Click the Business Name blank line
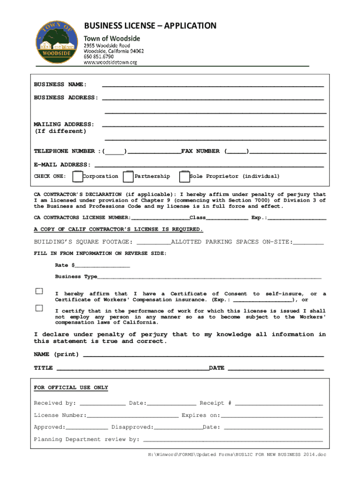pyautogui.click(x=213, y=85)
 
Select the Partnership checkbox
pyautogui.click(x=128, y=177)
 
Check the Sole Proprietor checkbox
pyautogui.click(x=184, y=177)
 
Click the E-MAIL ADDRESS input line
pyautogui.click(x=209, y=165)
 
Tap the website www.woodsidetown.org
pyautogui.click(x=110, y=62)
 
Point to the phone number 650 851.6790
pyautogui.click(x=100, y=57)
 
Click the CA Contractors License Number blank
pyautogui.click(x=160, y=218)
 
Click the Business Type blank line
pyautogui.click(x=209, y=277)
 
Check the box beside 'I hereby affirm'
pyautogui.click(x=39, y=291)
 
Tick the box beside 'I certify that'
pyautogui.click(x=39, y=308)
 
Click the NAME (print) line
pyautogui.click(x=203, y=355)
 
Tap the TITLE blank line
pyautogui.click(x=132, y=369)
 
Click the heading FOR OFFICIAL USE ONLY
pyautogui.click(x=71, y=388)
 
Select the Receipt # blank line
pyautogui.click(x=279, y=403)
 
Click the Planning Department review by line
pyautogui.click(x=232, y=440)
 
